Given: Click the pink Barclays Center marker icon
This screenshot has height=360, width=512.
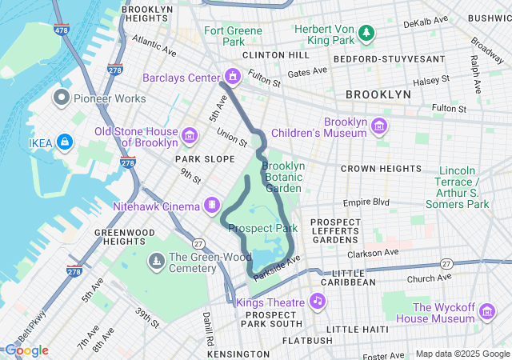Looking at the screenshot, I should point(232,77).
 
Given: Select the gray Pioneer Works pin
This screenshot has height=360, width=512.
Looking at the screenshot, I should point(62,98).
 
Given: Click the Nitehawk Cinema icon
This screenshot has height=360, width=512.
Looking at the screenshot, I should point(212,206).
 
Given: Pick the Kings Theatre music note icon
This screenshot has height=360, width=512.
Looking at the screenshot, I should point(318,302).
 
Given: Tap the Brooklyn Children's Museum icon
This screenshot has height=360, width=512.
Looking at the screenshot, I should point(379,126).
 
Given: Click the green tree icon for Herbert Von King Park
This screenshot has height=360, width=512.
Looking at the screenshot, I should point(366,33).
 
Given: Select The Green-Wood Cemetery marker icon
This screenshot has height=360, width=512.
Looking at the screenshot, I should point(156,261).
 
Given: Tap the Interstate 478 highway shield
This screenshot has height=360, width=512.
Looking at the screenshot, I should point(62,30).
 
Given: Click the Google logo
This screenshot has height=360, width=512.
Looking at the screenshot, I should point(26,350).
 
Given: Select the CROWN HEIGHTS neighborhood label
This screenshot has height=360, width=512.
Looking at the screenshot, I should point(380,169).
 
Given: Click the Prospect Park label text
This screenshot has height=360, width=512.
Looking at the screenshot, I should point(262,228).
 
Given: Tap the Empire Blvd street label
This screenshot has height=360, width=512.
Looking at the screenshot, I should point(366,203).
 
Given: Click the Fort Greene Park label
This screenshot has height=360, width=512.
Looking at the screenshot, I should point(233,36).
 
